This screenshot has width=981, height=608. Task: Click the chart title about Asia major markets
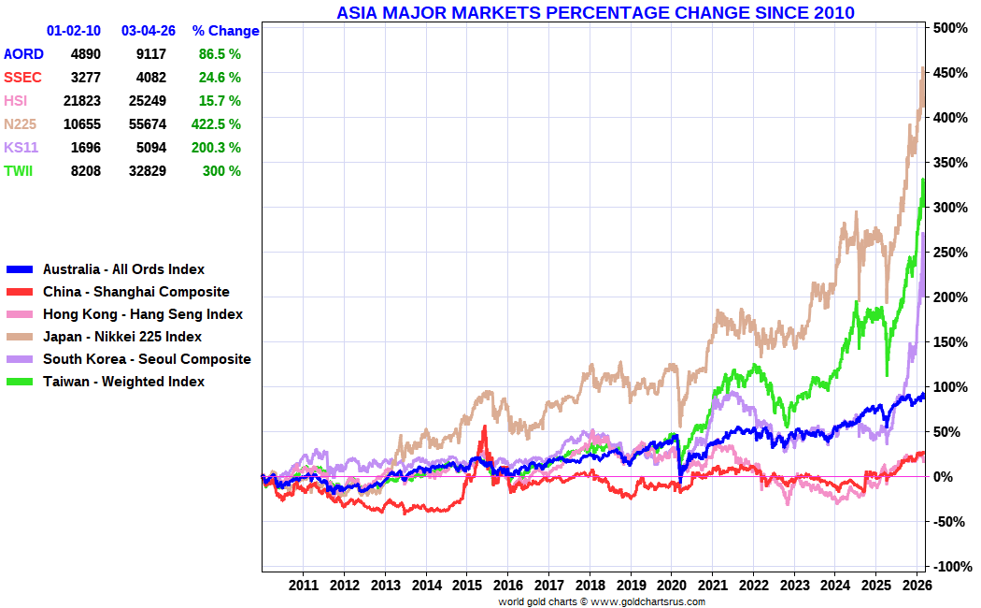(x=594, y=12)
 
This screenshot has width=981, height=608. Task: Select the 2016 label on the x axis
(x=507, y=586)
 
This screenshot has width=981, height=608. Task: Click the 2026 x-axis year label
(x=917, y=586)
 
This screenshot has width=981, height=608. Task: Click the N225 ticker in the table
(x=20, y=124)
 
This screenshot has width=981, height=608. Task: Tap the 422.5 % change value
(x=220, y=124)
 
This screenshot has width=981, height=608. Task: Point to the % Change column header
(x=225, y=31)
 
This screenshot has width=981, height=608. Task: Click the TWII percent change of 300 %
(x=221, y=171)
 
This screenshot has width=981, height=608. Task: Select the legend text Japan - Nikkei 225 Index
(x=122, y=337)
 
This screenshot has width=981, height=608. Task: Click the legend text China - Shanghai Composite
(x=135, y=292)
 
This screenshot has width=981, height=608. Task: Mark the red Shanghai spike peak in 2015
(x=484, y=427)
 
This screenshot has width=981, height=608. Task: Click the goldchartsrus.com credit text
(x=602, y=601)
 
